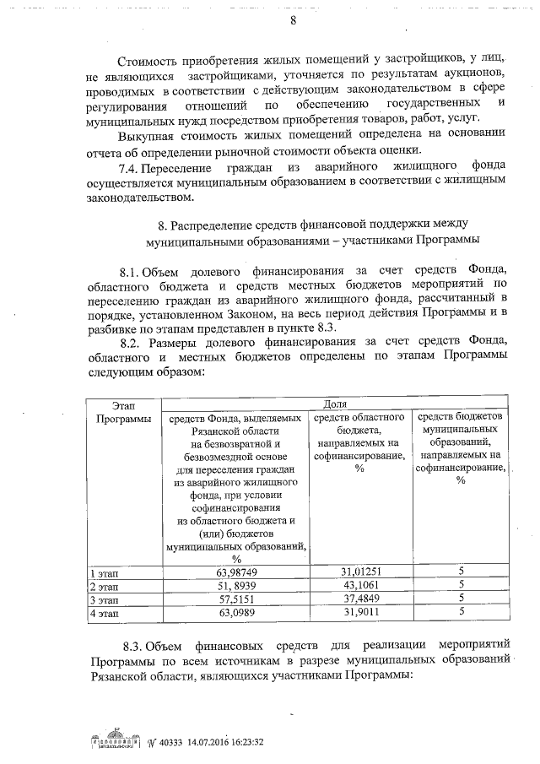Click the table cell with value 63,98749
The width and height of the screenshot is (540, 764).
tap(237, 572)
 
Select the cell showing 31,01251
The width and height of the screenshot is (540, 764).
tap(361, 572)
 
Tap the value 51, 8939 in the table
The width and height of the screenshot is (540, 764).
tap(237, 584)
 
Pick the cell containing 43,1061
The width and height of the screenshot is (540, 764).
tap(361, 584)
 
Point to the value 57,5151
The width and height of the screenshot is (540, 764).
tap(237, 598)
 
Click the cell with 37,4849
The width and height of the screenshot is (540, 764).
tap(361, 598)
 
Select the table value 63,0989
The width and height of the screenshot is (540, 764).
tap(237, 611)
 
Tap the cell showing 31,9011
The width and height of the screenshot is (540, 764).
tap(361, 611)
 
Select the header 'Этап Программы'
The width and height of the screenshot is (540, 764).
tap(123, 412)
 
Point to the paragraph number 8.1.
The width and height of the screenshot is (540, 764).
tap(134, 270)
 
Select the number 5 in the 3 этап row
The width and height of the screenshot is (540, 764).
tap(462, 598)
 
